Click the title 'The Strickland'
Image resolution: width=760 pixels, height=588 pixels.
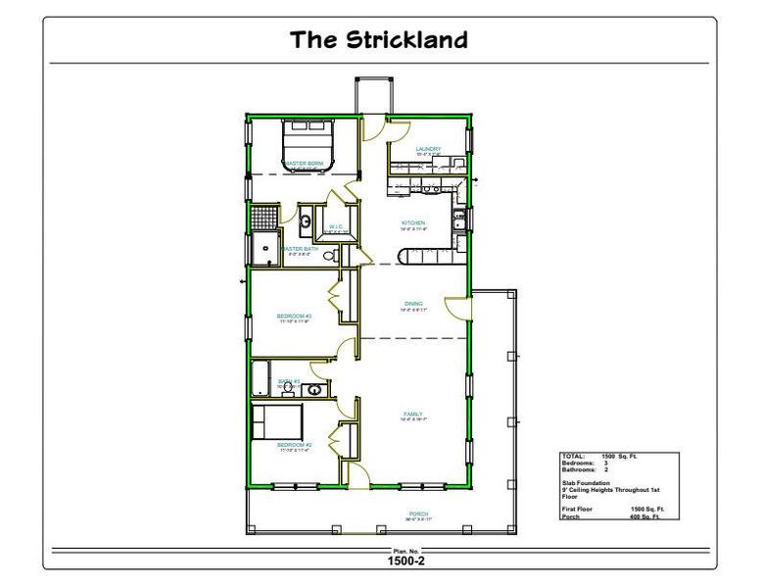pos(379,40)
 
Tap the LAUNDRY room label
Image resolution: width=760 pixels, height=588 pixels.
pos(428,149)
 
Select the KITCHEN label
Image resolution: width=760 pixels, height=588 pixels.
pos(412,223)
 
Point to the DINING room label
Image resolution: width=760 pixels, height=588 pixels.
pos(412,304)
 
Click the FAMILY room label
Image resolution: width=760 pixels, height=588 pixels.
pos(412,415)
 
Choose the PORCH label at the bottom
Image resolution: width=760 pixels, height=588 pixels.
pos(418,515)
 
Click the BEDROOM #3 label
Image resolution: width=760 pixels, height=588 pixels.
pos(295,316)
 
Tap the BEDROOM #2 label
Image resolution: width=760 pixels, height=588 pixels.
pos(295,445)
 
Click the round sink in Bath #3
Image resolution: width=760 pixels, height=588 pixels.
pos(315,391)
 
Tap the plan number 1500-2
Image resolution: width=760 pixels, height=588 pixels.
pos(405,562)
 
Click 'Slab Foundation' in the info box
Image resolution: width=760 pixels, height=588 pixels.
pos(586,482)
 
